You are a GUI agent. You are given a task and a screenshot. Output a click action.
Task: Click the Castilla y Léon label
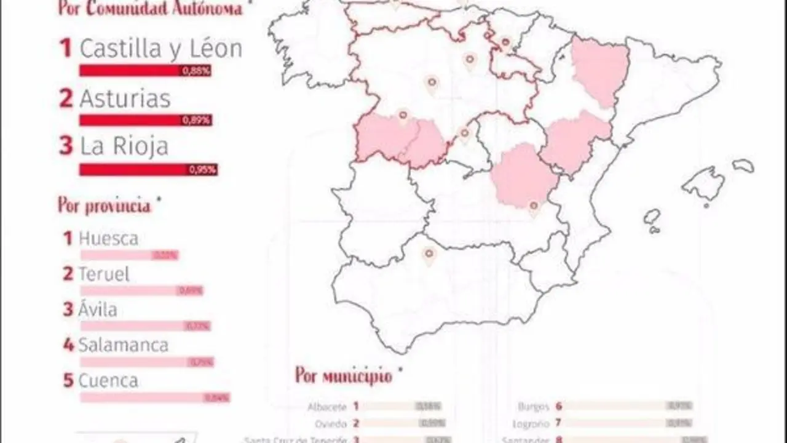[161, 49]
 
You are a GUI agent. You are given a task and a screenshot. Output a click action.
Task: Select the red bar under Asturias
[145, 120]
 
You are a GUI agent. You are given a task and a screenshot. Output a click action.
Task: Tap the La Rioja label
[124, 146]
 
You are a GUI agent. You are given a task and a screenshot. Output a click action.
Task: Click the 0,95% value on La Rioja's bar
[202, 170]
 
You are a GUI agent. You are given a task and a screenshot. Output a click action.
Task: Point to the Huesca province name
[108, 239]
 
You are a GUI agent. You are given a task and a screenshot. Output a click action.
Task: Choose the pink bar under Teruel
[141, 290]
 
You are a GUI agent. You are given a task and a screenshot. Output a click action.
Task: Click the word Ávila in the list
[98, 309]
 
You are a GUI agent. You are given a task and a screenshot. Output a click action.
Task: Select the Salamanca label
[123, 345]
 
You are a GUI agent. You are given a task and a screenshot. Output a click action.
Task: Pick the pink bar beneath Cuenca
[154, 397]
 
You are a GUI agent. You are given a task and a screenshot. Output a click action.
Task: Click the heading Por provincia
[105, 205]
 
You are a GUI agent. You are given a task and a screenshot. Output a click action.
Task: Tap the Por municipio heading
[343, 375]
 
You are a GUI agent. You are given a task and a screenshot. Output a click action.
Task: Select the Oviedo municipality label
[332, 423]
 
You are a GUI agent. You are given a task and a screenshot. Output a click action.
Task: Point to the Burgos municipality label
[533, 406]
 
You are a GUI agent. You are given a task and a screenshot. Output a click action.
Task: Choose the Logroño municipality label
[529, 423]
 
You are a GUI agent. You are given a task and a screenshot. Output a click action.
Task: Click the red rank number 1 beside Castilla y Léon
[66, 49]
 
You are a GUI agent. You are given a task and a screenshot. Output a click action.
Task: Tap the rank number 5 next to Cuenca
[68, 381]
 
